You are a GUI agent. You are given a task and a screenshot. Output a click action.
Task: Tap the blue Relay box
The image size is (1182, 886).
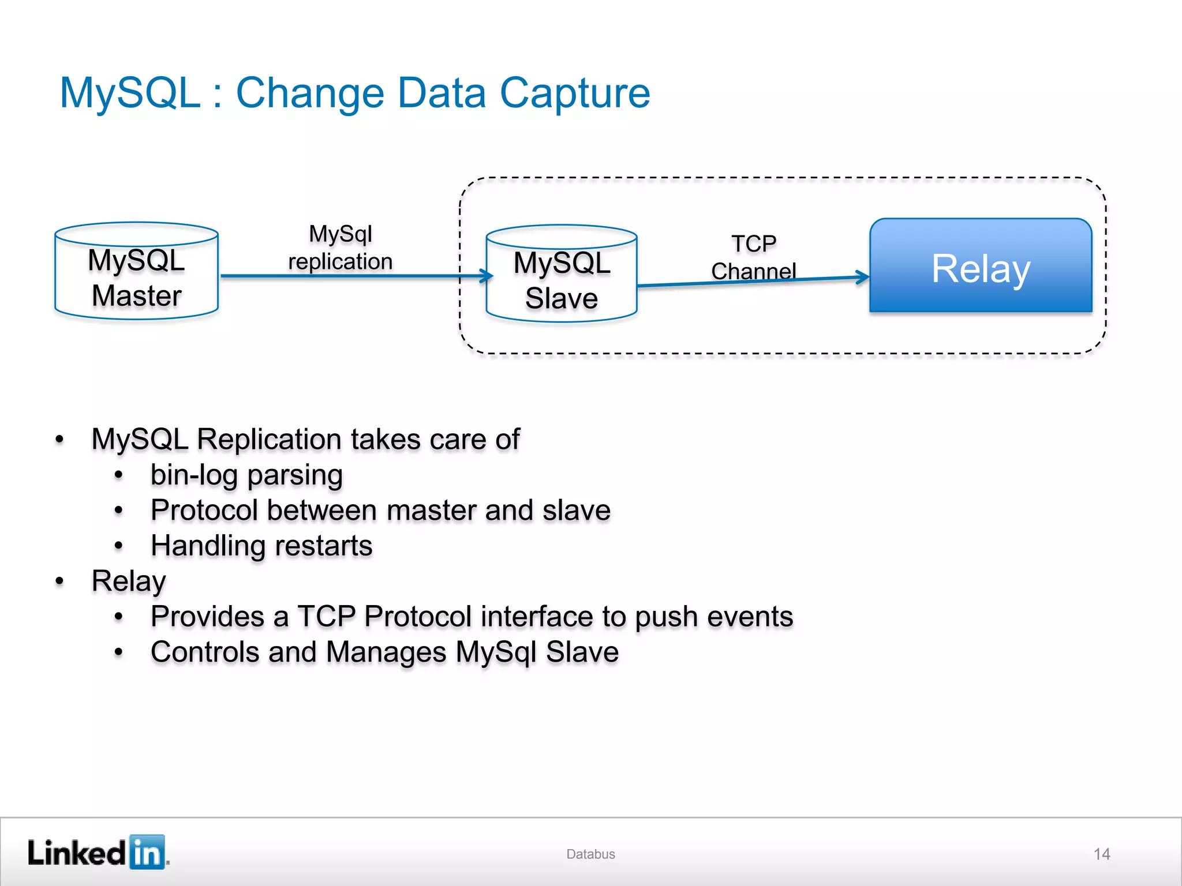coord(981,266)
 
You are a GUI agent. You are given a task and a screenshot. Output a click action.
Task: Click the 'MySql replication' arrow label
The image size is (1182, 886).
coord(341,248)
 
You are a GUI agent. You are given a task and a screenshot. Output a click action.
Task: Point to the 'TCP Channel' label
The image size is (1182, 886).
coord(754,257)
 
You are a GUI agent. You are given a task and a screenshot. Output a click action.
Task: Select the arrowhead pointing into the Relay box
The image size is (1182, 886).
coord(863,277)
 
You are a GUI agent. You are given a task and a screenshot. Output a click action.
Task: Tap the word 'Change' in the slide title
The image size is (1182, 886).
coord(310,94)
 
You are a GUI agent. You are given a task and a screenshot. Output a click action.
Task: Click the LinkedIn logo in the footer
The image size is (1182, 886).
coord(98,853)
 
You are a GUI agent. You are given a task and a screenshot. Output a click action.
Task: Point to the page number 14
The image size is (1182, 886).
coord(1102,854)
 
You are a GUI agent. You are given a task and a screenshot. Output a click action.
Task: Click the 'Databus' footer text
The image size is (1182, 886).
coord(590,854)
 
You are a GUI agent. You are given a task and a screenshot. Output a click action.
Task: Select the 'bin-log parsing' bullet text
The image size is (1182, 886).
coord(246,475)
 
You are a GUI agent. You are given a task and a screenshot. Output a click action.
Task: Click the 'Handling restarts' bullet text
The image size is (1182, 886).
coord(261,546)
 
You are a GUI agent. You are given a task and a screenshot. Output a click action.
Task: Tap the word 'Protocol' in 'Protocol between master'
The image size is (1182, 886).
coord(204,510)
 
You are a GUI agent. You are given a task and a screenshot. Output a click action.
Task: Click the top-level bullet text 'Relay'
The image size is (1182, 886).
coord(129,581)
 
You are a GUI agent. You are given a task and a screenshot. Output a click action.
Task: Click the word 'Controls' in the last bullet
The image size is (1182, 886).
coord(205,652)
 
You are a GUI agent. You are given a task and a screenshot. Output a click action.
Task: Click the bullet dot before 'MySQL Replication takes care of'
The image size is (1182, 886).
coord(59,440)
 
